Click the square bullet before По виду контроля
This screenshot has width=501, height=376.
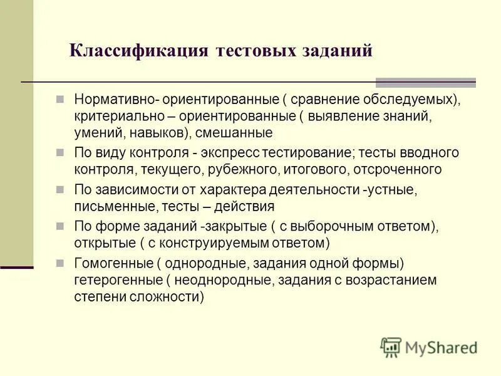point(60,152)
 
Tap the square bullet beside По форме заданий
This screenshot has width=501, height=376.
point(60,225)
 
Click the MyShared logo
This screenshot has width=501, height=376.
point(428,347)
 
